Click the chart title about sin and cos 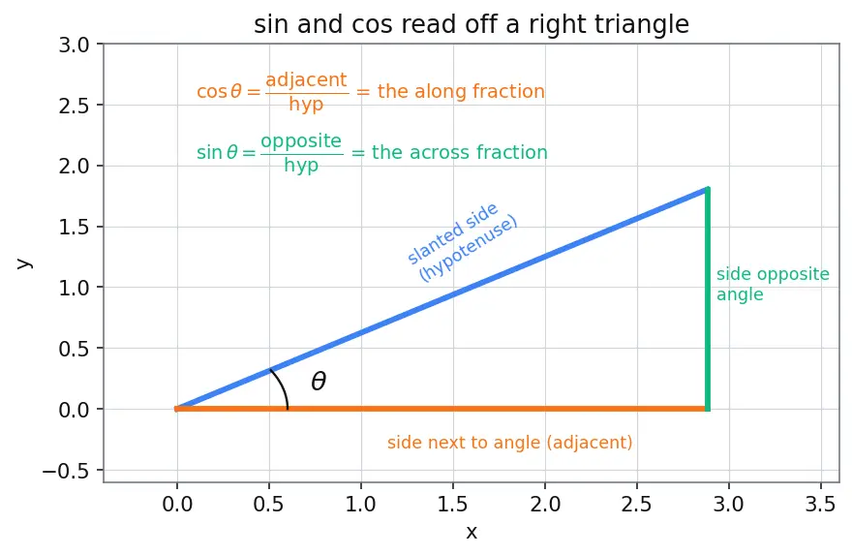(x=472, y=24)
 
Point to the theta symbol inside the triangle (x=319, y=381)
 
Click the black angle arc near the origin (x=282, y=387)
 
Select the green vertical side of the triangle (x=708, y=299)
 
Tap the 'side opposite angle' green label (x=773, y=285)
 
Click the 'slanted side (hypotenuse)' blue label (x=462, y=242)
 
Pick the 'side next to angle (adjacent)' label (x=509, y=443)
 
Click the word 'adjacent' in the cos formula (x=306, y=79)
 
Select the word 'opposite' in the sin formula (x=301, y=141)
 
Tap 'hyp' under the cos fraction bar (x=306, y=104)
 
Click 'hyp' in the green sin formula (x=301, y=165)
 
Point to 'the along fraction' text (x=461, y=91)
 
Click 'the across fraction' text (x=459, y=152)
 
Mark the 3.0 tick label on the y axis (x=74, y=46)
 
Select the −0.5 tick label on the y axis (x=66, y=472)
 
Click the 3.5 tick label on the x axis (x=820, y=505)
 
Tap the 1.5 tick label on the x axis (x=453, y=505)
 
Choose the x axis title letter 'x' (x=472, y=532)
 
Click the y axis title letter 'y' (x=24, y=263)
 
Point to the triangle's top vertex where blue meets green (x=708, y=189)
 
